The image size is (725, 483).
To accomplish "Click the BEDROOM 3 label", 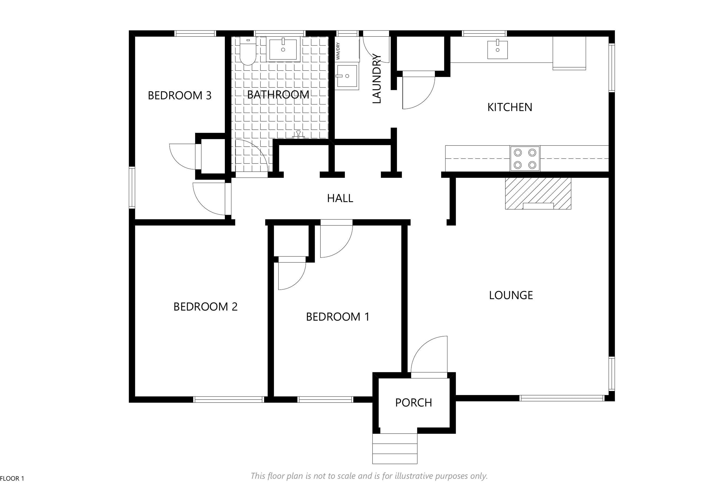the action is tap(180, 95).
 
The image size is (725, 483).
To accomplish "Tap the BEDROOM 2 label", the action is tap(206, 307).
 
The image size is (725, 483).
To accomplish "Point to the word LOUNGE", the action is tap(511, 295).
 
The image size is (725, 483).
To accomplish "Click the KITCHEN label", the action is tap(510, 107).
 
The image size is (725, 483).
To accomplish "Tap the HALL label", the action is tap(340, 198).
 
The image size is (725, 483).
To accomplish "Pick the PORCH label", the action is tap(413, 403).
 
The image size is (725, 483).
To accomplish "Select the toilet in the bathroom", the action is tap(248, 52).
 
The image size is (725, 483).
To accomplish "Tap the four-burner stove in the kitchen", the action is tap(525, 158).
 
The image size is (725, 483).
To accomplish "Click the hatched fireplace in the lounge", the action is tap(538, 193).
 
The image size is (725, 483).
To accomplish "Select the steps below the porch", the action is tap(395, 449).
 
